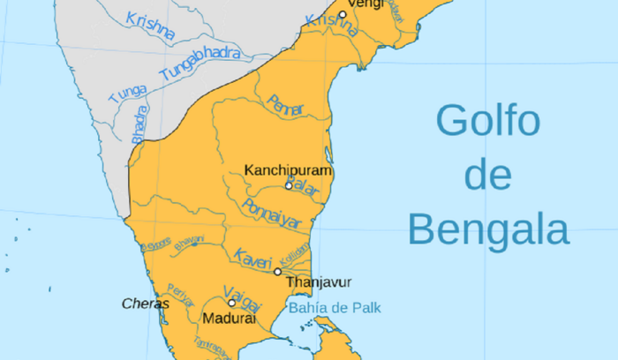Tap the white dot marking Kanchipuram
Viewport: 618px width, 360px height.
[289, 185]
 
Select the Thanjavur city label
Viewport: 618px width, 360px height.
[319, 282]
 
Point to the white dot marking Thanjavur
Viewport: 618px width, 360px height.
[278, 272]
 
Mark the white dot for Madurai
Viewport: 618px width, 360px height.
[232, 303]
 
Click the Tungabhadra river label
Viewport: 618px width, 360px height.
[201, 66]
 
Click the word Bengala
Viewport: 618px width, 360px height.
[488, 230]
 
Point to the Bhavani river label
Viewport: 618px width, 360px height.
[189, 241]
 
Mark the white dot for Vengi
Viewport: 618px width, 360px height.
[342, 15]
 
